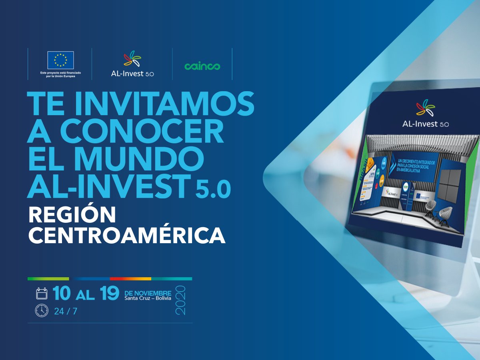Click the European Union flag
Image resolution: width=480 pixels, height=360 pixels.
tap(60, 60)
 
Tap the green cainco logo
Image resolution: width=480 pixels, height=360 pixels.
tap(202, 66)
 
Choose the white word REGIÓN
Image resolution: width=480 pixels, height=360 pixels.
tap(72, 215)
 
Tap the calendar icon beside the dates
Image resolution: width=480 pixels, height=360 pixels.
tap(42, 293)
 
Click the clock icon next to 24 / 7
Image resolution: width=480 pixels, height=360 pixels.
tap(42, 310)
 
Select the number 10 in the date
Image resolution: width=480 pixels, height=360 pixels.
tap(62, 294)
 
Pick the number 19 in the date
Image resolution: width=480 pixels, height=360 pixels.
tap(110, 294)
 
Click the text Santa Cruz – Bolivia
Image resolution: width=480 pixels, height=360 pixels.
tap(148, 298)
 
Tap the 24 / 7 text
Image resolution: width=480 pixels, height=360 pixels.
tap(65, 311)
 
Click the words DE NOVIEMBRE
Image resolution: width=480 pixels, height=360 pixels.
tap(148, 293)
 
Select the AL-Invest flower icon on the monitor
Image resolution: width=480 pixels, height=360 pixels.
tap(425, 108)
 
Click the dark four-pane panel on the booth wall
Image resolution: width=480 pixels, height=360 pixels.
tap(449, 185)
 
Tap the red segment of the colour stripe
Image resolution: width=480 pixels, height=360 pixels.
tap(130, 278)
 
